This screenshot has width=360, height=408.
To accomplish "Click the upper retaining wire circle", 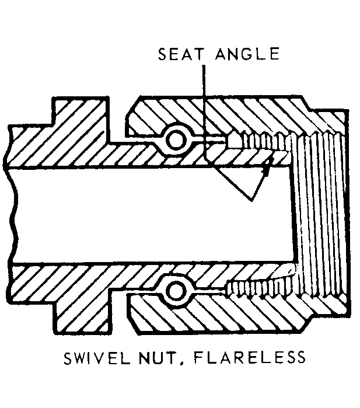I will [x=176, y=139].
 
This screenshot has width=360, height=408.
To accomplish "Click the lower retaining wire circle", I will [x=174, y=290].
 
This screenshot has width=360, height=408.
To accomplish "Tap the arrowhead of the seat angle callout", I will [x=265, y=169].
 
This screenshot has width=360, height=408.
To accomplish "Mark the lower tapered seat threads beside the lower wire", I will [x=257, y=286].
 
